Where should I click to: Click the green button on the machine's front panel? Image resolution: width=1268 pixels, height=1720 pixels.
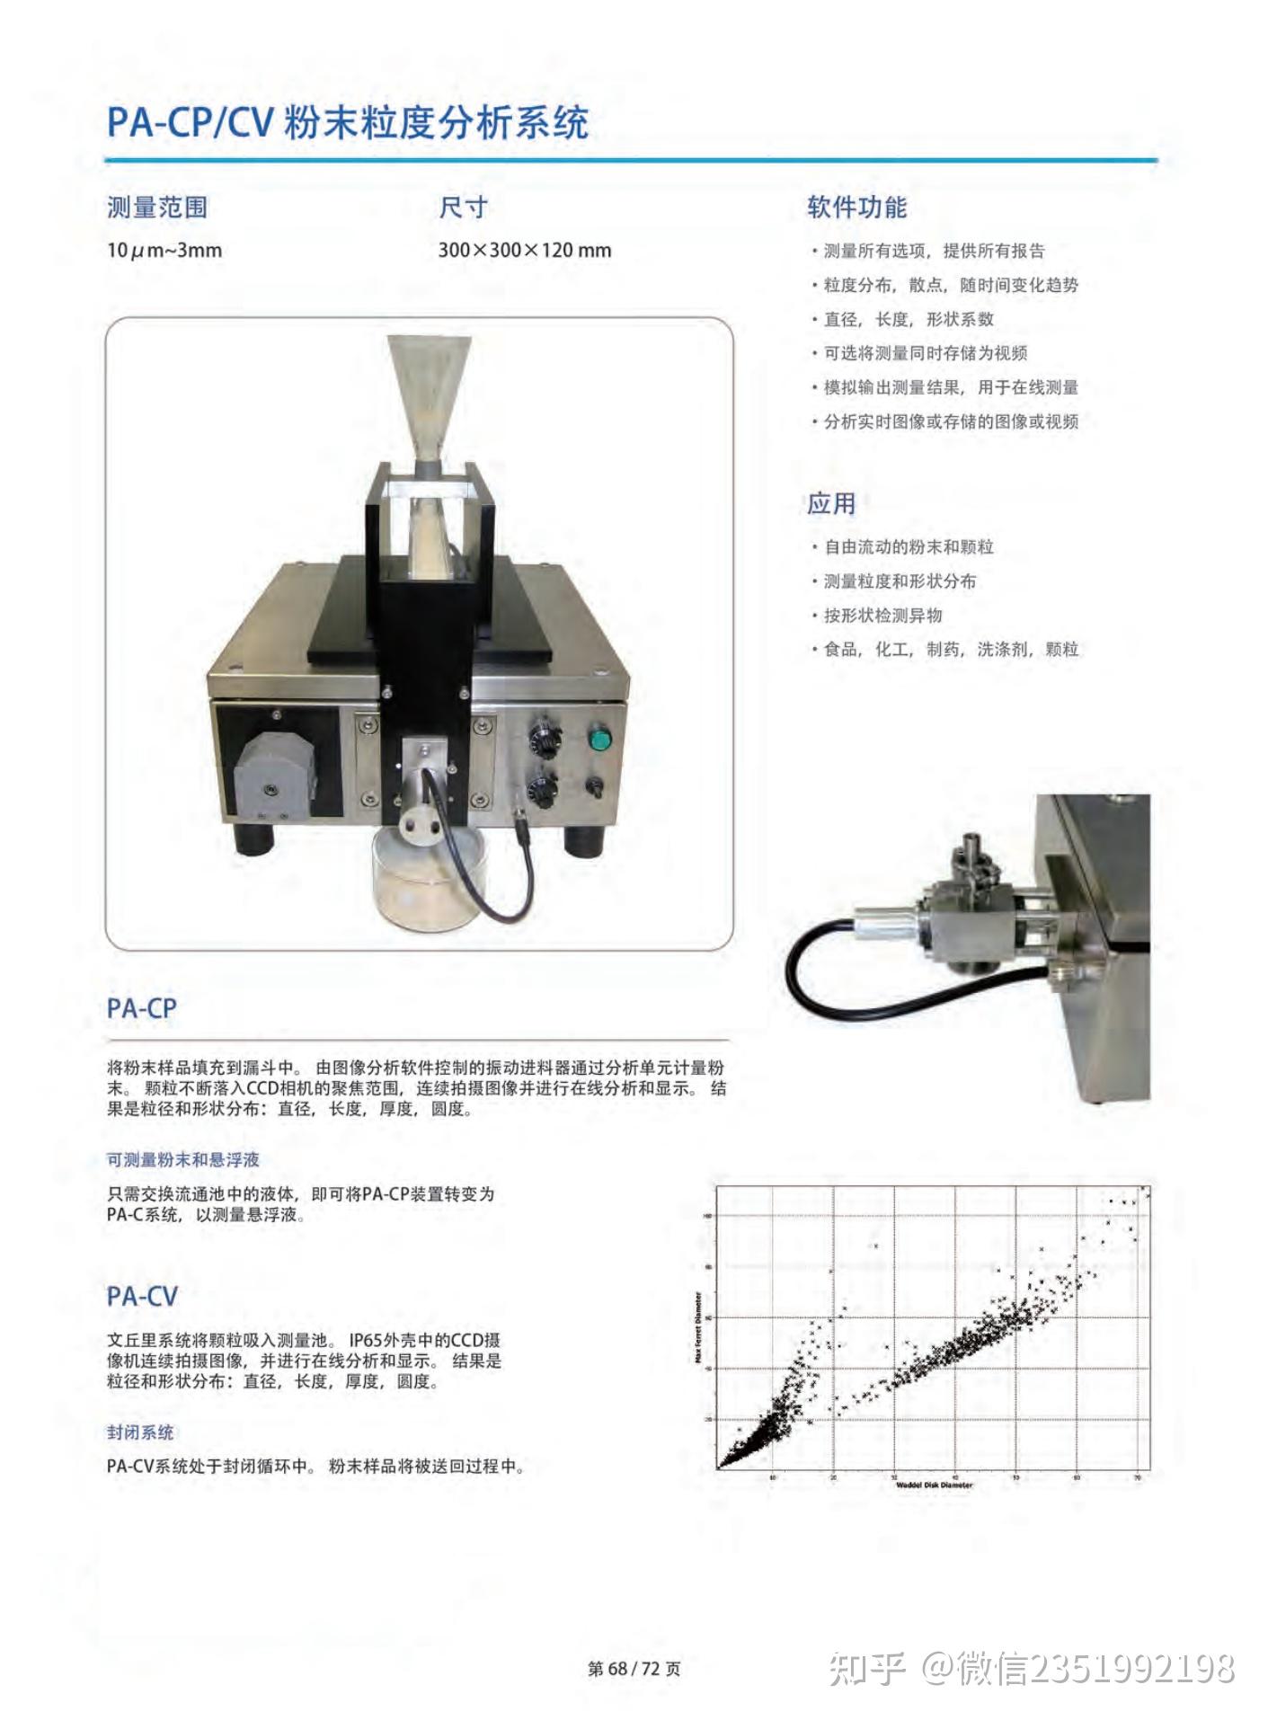598,740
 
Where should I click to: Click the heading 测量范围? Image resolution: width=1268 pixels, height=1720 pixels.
157,208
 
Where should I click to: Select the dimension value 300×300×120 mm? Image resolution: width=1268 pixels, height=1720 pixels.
525,251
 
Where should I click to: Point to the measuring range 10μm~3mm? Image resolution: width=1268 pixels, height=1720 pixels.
164,251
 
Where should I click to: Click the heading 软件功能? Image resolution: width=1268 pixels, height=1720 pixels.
856,208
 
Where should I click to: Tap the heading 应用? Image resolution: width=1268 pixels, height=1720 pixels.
831,504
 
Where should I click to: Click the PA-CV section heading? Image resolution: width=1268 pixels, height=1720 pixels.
142,1297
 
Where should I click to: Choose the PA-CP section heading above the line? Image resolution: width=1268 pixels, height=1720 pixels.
142,1008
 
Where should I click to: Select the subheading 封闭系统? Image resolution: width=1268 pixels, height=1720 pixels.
140,1432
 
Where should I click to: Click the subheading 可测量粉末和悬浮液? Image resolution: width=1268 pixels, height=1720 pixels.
183,1160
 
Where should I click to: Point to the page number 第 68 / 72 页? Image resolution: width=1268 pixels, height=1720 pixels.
634,1669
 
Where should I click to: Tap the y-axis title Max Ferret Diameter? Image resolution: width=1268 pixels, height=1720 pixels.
699,1329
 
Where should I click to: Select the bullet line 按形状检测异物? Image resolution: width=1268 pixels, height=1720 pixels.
883,616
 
